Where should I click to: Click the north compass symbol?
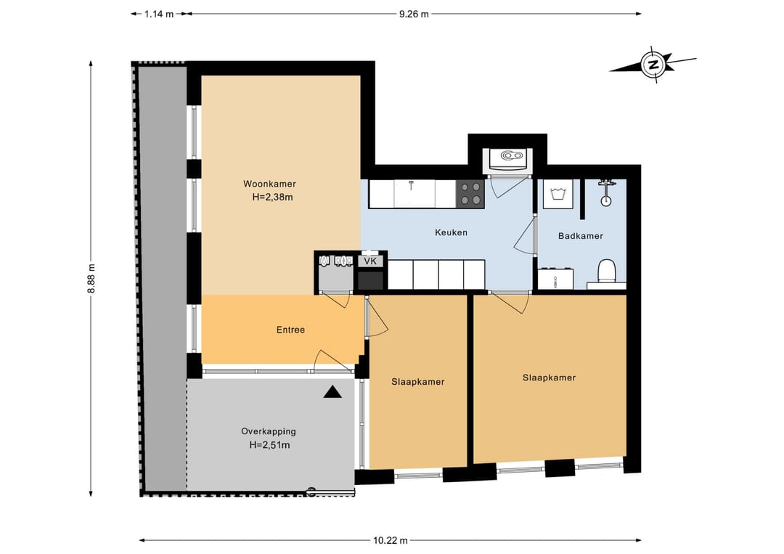653,65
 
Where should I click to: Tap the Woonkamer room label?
269,184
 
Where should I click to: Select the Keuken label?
451,232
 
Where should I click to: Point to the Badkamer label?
581,236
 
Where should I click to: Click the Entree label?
290,330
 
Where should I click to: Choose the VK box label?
370,261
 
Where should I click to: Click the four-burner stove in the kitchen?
470,194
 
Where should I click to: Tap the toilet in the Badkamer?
606,271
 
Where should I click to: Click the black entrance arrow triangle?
332,392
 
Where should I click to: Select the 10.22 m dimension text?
390,540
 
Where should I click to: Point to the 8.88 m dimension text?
91,279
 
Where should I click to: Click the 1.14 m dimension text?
159,14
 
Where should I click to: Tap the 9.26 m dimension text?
414,14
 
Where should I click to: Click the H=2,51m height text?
269,445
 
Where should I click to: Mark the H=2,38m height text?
272,197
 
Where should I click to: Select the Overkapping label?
269,431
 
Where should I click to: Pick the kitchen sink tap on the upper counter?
410,185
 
